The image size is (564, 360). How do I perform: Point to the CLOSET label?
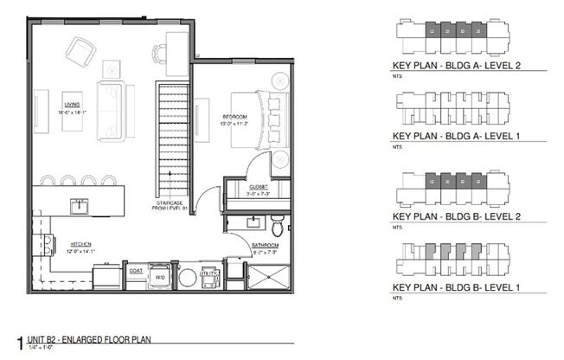259,186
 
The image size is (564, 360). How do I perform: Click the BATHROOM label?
266,246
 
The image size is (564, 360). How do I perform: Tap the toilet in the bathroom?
276,228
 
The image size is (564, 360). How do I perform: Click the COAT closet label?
136,268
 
